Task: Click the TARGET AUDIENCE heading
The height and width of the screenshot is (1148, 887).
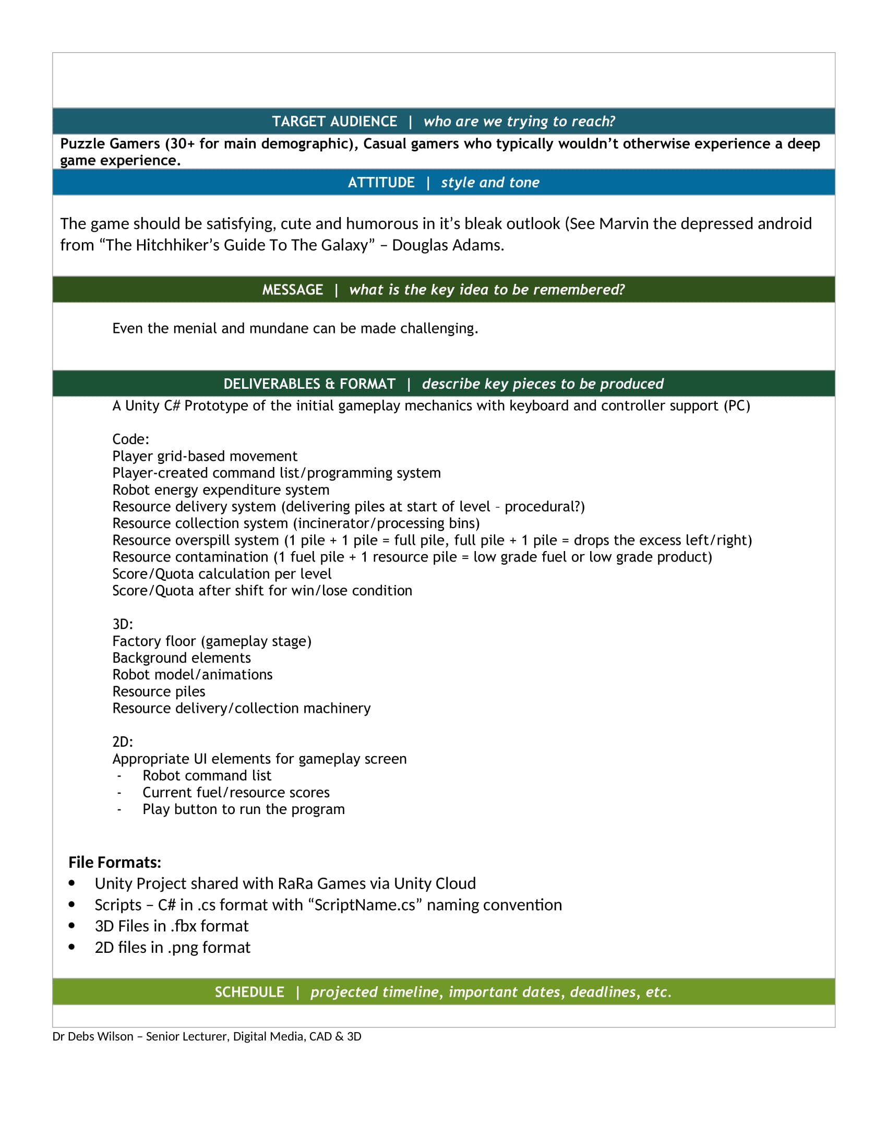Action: [334, 122]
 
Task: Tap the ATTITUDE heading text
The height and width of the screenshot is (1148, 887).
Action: [381, 183]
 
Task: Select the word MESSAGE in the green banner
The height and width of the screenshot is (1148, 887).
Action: [293, 290]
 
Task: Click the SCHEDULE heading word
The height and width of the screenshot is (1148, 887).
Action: [249, 992]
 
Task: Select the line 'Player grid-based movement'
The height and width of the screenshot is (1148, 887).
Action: [205, 456]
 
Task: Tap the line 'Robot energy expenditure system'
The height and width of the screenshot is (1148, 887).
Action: [221, 490]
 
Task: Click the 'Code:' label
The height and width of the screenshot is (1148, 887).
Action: [131, 439]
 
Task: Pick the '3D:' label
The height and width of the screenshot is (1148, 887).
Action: [123, 625]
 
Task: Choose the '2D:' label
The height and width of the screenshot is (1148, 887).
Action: [123, 742]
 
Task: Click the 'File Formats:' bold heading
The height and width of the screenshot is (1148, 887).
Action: [115, 863]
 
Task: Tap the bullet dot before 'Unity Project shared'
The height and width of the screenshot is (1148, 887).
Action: [72, 883]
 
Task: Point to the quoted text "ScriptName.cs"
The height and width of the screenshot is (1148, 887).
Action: [365, 905]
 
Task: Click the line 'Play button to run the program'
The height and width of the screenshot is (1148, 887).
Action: [243, 809]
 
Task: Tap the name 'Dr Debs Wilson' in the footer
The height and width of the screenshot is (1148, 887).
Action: [92, 1036]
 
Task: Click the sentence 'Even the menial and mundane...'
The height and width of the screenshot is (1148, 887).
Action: [295, 329]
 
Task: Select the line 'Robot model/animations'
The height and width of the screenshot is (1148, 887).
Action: [193, 675]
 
